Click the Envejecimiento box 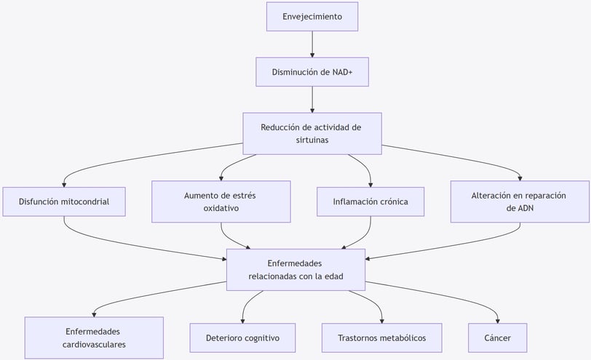[312, 17]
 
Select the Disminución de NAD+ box [312, 72]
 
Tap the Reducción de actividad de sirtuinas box [312, 134]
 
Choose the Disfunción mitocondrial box [64, 202]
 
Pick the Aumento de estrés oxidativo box [221, 202]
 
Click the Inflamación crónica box [370, 202]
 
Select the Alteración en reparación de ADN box [520, 202]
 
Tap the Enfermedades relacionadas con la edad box [296, 270]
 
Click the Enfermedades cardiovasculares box [94, 337]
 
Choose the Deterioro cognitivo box [243, 337]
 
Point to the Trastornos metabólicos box [382, 337]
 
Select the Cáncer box [498, 337]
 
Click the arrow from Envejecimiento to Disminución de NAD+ [312, 44]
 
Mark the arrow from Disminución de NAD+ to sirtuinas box [312, 100]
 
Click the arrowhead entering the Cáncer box [498, 321]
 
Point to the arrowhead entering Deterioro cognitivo [243, 321]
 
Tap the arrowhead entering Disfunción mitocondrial [64, 185]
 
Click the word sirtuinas [312, 140]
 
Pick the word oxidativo [221, 208]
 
